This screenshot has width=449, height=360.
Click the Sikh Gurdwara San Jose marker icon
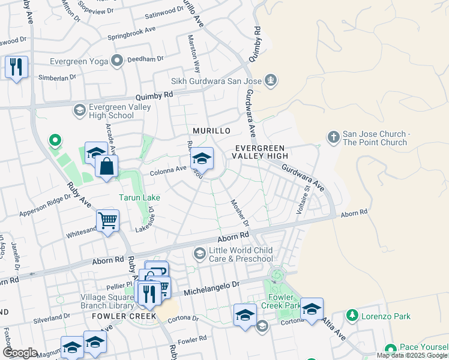click(x=271, y=80)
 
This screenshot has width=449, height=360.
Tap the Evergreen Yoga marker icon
click(x=116, y=59)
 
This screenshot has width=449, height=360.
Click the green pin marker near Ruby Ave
click(x=55, y=141)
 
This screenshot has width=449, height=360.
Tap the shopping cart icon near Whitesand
click(x=107, y=220)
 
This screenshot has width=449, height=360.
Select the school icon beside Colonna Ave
click(x=202, y=159)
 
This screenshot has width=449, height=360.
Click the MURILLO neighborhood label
click(x=211, y=131)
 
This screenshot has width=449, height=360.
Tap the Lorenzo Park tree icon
click(x=352, y=315)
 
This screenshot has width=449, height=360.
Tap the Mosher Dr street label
click(x=240, y=214)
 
